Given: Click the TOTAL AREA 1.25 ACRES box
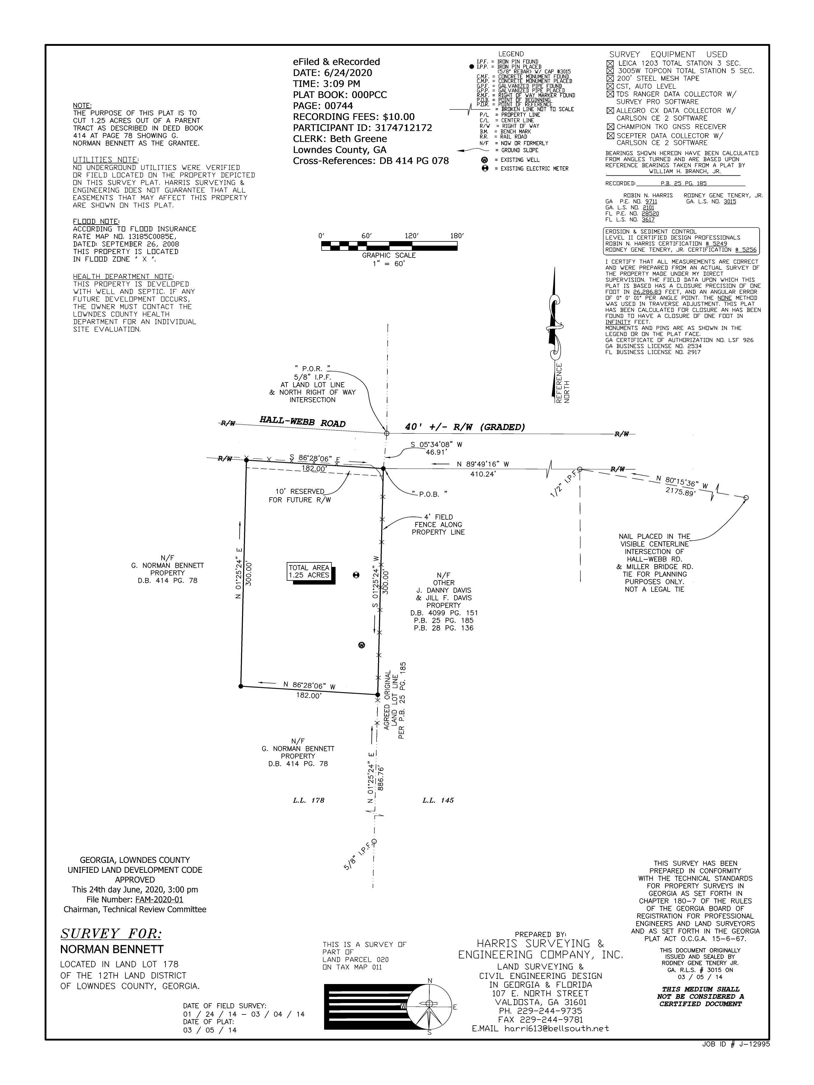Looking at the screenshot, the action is point(309,571).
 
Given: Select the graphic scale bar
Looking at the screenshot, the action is point(389,246).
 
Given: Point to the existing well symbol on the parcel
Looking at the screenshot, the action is point(361,645).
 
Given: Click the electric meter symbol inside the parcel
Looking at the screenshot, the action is point(356,574).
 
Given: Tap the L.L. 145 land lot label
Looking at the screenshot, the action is point(438,800).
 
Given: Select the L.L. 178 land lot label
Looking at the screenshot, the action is point(309,800).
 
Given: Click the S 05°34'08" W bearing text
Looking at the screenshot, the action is point(437,445).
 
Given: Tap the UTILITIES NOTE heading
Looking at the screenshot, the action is point(106,160).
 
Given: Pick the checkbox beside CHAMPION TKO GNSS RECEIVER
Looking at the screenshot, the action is point(610,127).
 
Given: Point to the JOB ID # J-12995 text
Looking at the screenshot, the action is point(736,1044).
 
